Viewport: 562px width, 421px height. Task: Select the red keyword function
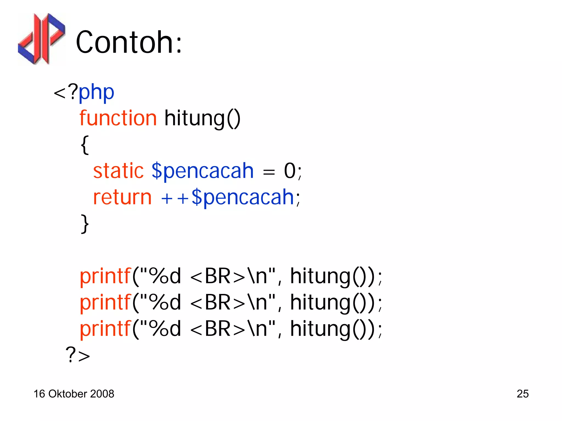pyautogui.click(x=118, y=118)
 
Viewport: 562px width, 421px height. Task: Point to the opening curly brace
pyautogui.click(x=85, y=145)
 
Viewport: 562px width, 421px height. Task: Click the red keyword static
pyautogui.click(x=118, y=171)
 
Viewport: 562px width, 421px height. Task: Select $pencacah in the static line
pyautogui.click(x=203, y=171)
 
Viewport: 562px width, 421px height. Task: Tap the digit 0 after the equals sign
pyautogui.click(x=290, y=171)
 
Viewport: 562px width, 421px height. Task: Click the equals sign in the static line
pyautogui.click(x=269, y=172)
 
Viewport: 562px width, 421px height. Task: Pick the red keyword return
pyautogui.click(x=122, y=197)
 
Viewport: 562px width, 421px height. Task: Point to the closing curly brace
pyautogui.click(x=85, y=224)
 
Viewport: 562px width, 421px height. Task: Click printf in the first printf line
pyautogui.click(x=105, y=276)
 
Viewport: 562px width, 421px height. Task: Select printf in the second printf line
pyautogui.click(x=105, y=302)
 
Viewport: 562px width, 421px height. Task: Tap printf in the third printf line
pyautogui.click(x=105, y=329)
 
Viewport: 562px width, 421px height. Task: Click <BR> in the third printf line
pyautogui.click(x=217, y=329)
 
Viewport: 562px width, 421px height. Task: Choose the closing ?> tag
pyautogui.click(x=78, y=355)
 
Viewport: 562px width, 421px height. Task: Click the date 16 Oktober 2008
pyautogui.click(x=74, y=394)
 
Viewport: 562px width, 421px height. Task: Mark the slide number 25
pyautogui.click(x=522, y=394)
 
